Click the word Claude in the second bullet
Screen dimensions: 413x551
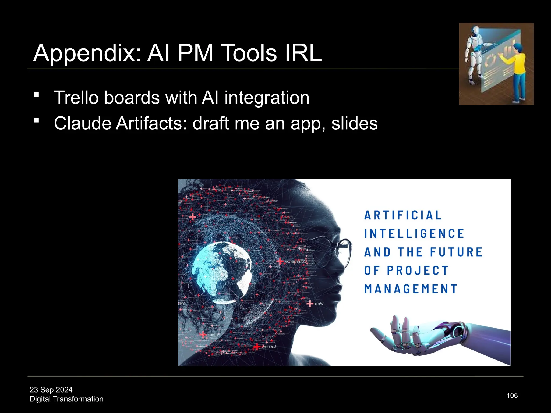click(82, 123)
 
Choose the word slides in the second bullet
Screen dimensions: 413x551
click(354, 123)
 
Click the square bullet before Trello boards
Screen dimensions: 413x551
click(37, 95)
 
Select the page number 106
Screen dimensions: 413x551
click(512, 396)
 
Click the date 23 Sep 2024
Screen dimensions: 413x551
click(51, 390)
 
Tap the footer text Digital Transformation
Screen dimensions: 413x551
click(66, 399)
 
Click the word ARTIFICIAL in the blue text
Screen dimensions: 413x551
click(403, 215)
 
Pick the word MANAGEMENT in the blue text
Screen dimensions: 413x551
click(411, 289)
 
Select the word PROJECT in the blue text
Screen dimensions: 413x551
click(418, 270)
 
